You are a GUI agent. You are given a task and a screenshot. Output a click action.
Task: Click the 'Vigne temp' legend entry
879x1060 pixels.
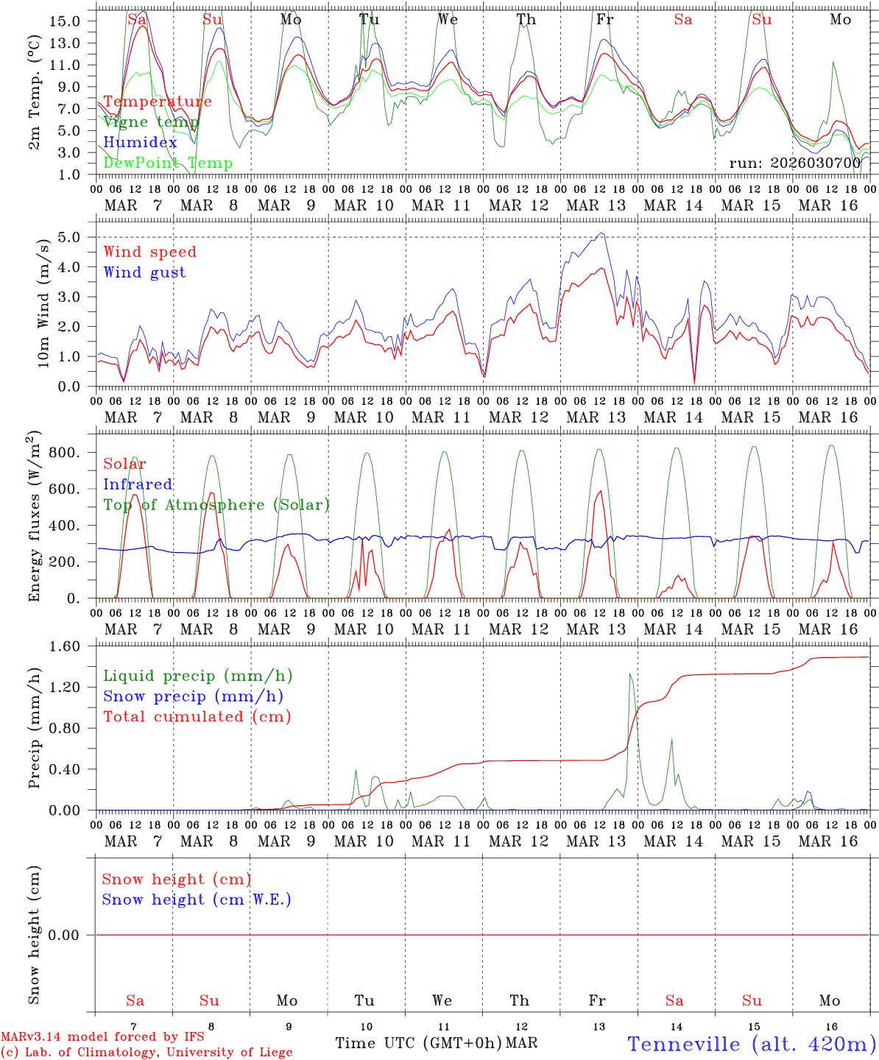pos(151,122)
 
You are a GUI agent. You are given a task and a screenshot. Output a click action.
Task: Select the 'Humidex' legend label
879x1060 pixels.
pos(140,143)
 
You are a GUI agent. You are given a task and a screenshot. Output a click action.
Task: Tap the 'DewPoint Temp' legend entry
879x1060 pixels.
pos(168,163)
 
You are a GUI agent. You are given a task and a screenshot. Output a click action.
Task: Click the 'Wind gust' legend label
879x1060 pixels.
pos(144,272)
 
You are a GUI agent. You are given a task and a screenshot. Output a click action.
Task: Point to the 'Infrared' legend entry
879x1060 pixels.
pos(138,484)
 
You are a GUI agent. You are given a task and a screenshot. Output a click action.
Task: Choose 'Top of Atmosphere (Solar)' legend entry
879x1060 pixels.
pos(216,505)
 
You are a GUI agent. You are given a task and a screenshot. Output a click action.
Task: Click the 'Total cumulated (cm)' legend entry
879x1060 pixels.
pos(197,716)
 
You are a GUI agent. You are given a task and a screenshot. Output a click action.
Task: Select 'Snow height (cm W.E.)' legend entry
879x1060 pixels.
pos(196,900)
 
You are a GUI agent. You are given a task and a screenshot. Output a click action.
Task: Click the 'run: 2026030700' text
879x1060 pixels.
pos(794,163)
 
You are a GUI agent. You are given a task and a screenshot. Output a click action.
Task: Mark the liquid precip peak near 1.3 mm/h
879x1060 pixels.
pos(630,674)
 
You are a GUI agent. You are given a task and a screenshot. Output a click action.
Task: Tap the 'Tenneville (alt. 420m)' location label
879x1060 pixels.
pos(751,1044)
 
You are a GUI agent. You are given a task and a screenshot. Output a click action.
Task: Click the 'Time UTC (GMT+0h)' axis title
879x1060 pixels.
pos(418,1043)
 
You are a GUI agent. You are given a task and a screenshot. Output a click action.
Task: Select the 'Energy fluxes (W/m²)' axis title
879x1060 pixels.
pos(35,517)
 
